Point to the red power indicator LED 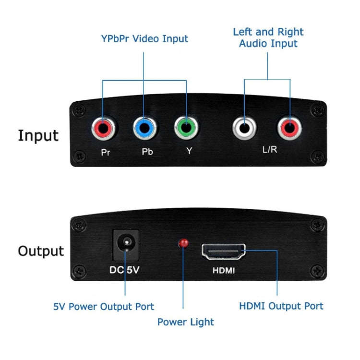(x=183, y=244)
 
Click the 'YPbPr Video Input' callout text (x=144, y=38)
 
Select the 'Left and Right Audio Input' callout (x=268, y=37)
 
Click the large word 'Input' (x=38, y=135)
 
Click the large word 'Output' (x=41, y=251)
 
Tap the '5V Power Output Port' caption (x=104, y=306)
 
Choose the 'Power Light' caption (x=186, y=322)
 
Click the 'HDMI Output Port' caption (x=281, y=306)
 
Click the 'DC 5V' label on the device (x=124, y=270)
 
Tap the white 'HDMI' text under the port (x=224, y=271)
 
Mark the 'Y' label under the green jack (x=189, y=151)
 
